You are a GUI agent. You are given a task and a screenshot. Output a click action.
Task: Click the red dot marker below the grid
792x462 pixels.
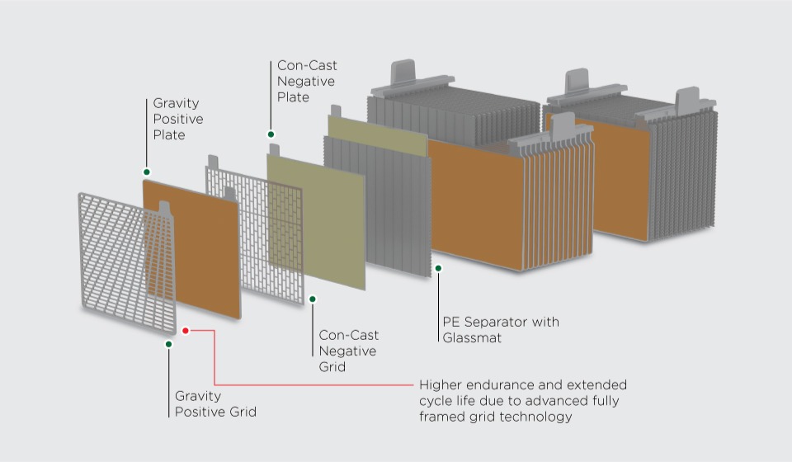(x=186, y=330)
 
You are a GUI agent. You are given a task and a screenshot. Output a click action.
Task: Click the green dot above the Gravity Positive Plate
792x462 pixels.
(x=146, y=172)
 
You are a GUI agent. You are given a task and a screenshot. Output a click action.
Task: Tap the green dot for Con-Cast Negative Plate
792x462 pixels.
(x=271, y=134)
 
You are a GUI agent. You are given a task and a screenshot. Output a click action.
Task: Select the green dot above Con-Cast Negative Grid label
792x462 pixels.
(x=312, y=299)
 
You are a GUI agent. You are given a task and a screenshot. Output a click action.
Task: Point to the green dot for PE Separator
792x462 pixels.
(x=438, y=268)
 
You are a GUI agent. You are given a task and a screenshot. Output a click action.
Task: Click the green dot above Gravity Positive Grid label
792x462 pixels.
(x=168, y=344)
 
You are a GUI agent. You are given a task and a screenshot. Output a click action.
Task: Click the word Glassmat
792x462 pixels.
(x=472, y=337)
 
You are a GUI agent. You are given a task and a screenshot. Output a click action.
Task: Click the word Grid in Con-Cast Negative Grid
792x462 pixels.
(x=332, y=366)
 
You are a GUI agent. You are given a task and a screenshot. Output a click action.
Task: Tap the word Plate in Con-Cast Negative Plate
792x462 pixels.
(x=293, y=97)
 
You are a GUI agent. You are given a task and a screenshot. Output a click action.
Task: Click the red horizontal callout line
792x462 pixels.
(x=313, y=384)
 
